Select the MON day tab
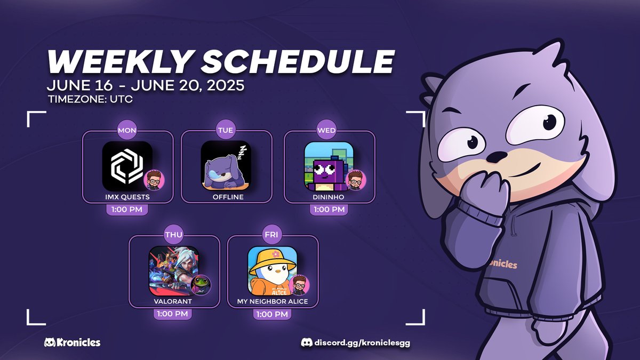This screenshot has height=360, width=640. click(127, 131)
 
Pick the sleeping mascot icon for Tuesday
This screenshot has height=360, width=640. click(226, 166)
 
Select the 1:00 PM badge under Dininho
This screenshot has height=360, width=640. click(329, 210)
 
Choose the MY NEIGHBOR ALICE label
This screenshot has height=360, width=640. click(273, 301)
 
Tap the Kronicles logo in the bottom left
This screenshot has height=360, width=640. click(72, 342)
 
